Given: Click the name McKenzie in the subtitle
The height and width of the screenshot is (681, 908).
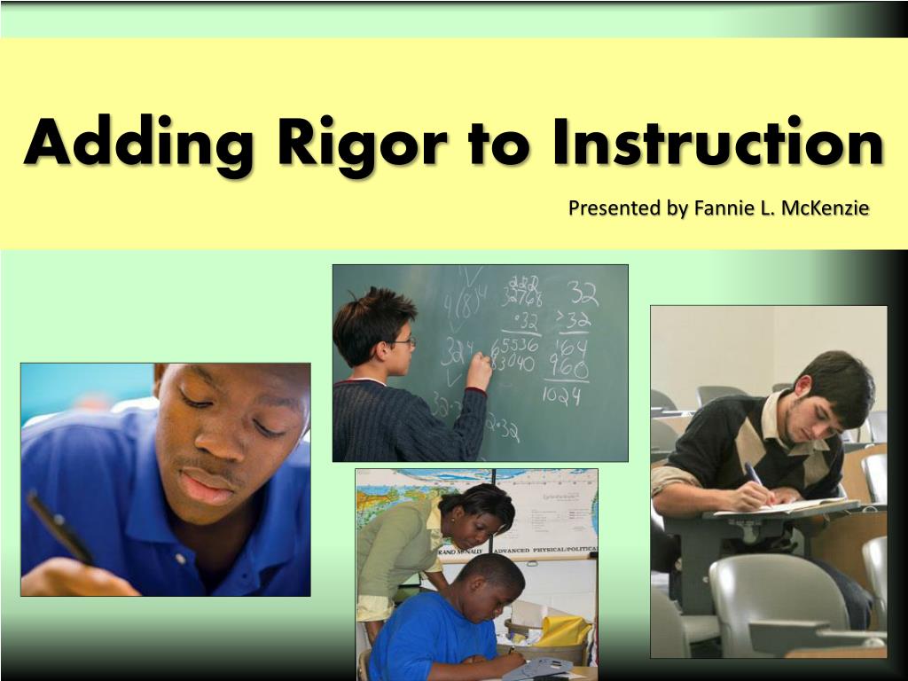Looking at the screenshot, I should [x=828, y=208].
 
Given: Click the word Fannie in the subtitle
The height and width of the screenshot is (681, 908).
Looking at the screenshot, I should [x=723, y=208].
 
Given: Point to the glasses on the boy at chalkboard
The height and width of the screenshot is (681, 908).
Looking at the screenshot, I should [x=402, y=340].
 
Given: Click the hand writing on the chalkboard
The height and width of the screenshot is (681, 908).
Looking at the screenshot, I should [x=480, y=367].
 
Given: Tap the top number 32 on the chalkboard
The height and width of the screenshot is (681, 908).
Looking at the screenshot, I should [x=583, y=294].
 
